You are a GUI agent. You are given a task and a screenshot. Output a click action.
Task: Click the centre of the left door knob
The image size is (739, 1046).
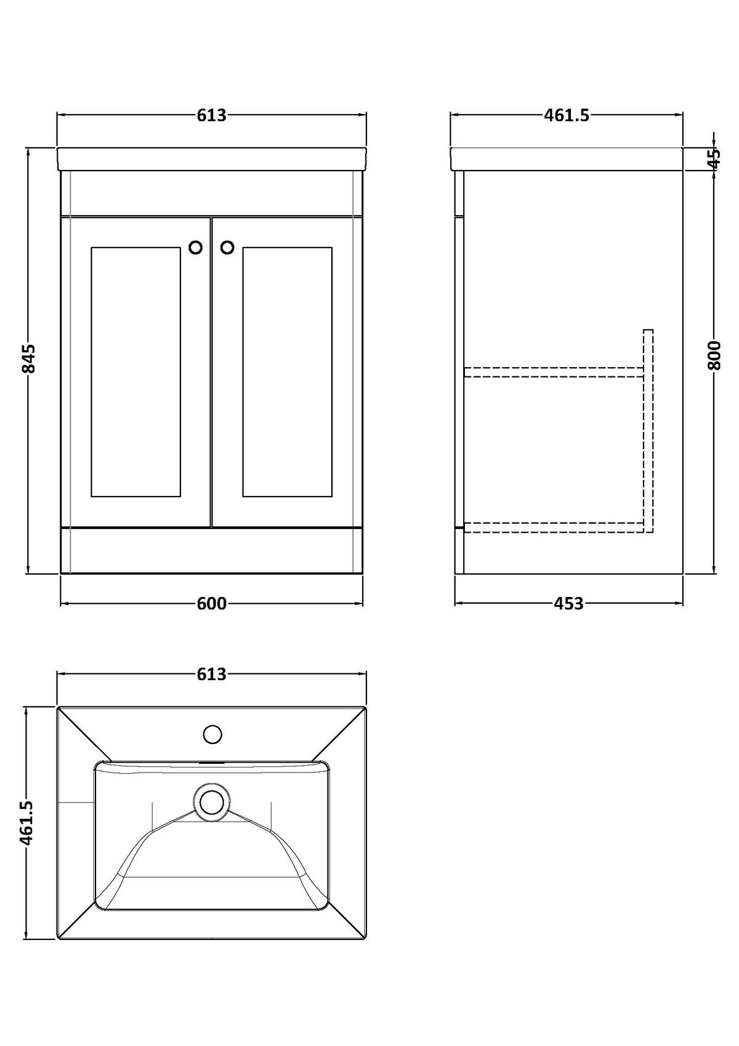pyautogui.click(x=196, y=248)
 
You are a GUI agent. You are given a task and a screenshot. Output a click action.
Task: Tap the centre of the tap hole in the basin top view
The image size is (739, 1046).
pyautogui.click(x=213, y=734)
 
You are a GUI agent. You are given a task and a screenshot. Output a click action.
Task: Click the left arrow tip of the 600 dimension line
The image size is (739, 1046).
pyautogui.click(x=61, y=603)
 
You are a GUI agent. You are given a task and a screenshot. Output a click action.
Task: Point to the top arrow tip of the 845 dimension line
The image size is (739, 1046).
pyautogui.click(x=28, y=148)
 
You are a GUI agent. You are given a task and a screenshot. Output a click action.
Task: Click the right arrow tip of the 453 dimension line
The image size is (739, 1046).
pyautogui.click(x=682, y=603)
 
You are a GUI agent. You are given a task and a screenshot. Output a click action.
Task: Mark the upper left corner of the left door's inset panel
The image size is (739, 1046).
pyautogui.click(x=92, y=248)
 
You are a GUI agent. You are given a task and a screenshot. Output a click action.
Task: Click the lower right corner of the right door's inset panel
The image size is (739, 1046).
pyautogui.click(x=332, y=497)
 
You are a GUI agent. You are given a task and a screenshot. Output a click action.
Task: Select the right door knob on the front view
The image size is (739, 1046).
pyautogui.click(x=227, y=248)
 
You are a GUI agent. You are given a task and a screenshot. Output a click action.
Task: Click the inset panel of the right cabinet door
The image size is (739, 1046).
pyautogui.click(x=288, y=371)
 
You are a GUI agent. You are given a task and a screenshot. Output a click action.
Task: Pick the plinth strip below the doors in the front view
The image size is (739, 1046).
pyautogui.click(x=212, y=551)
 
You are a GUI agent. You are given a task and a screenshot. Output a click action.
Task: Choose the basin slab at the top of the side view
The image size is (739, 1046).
pyautogui.click(x=567, y=159)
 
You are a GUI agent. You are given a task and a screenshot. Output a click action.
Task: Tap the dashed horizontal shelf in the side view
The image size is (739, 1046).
pyautogui.click(x=554, y=371)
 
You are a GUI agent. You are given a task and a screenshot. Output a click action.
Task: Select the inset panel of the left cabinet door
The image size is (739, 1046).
pyautogui.click(x=136, y=371)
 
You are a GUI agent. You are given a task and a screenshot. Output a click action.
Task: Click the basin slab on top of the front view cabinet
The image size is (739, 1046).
pyautogui.click(x=212, y=159)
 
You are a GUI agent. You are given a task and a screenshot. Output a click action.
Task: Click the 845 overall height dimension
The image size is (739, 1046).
pyautogui.click(x=29, y=359)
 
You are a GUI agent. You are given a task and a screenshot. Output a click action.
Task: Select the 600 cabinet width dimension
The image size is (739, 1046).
pyautogui.click(x=211, y=603)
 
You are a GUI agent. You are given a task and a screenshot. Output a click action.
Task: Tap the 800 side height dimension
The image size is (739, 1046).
pyautogui.click(x=714, y=355)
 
